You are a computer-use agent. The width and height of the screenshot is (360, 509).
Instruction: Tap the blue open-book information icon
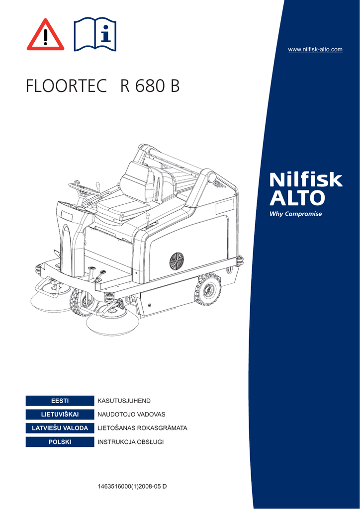(95, 34)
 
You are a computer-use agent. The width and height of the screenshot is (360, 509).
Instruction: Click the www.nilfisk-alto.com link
(315, 49)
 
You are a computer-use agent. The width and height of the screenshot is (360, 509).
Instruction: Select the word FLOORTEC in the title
(66, 86)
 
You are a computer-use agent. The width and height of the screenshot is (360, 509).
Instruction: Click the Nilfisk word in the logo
(306, 179)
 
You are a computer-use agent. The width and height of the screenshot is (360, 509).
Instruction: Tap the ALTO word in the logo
(297, 198)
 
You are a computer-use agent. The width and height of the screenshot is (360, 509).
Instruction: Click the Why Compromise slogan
(296, 214)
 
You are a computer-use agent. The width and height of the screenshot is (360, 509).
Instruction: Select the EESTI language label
(60, 401)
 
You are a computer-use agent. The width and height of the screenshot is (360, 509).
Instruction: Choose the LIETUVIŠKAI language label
(60, 415)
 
